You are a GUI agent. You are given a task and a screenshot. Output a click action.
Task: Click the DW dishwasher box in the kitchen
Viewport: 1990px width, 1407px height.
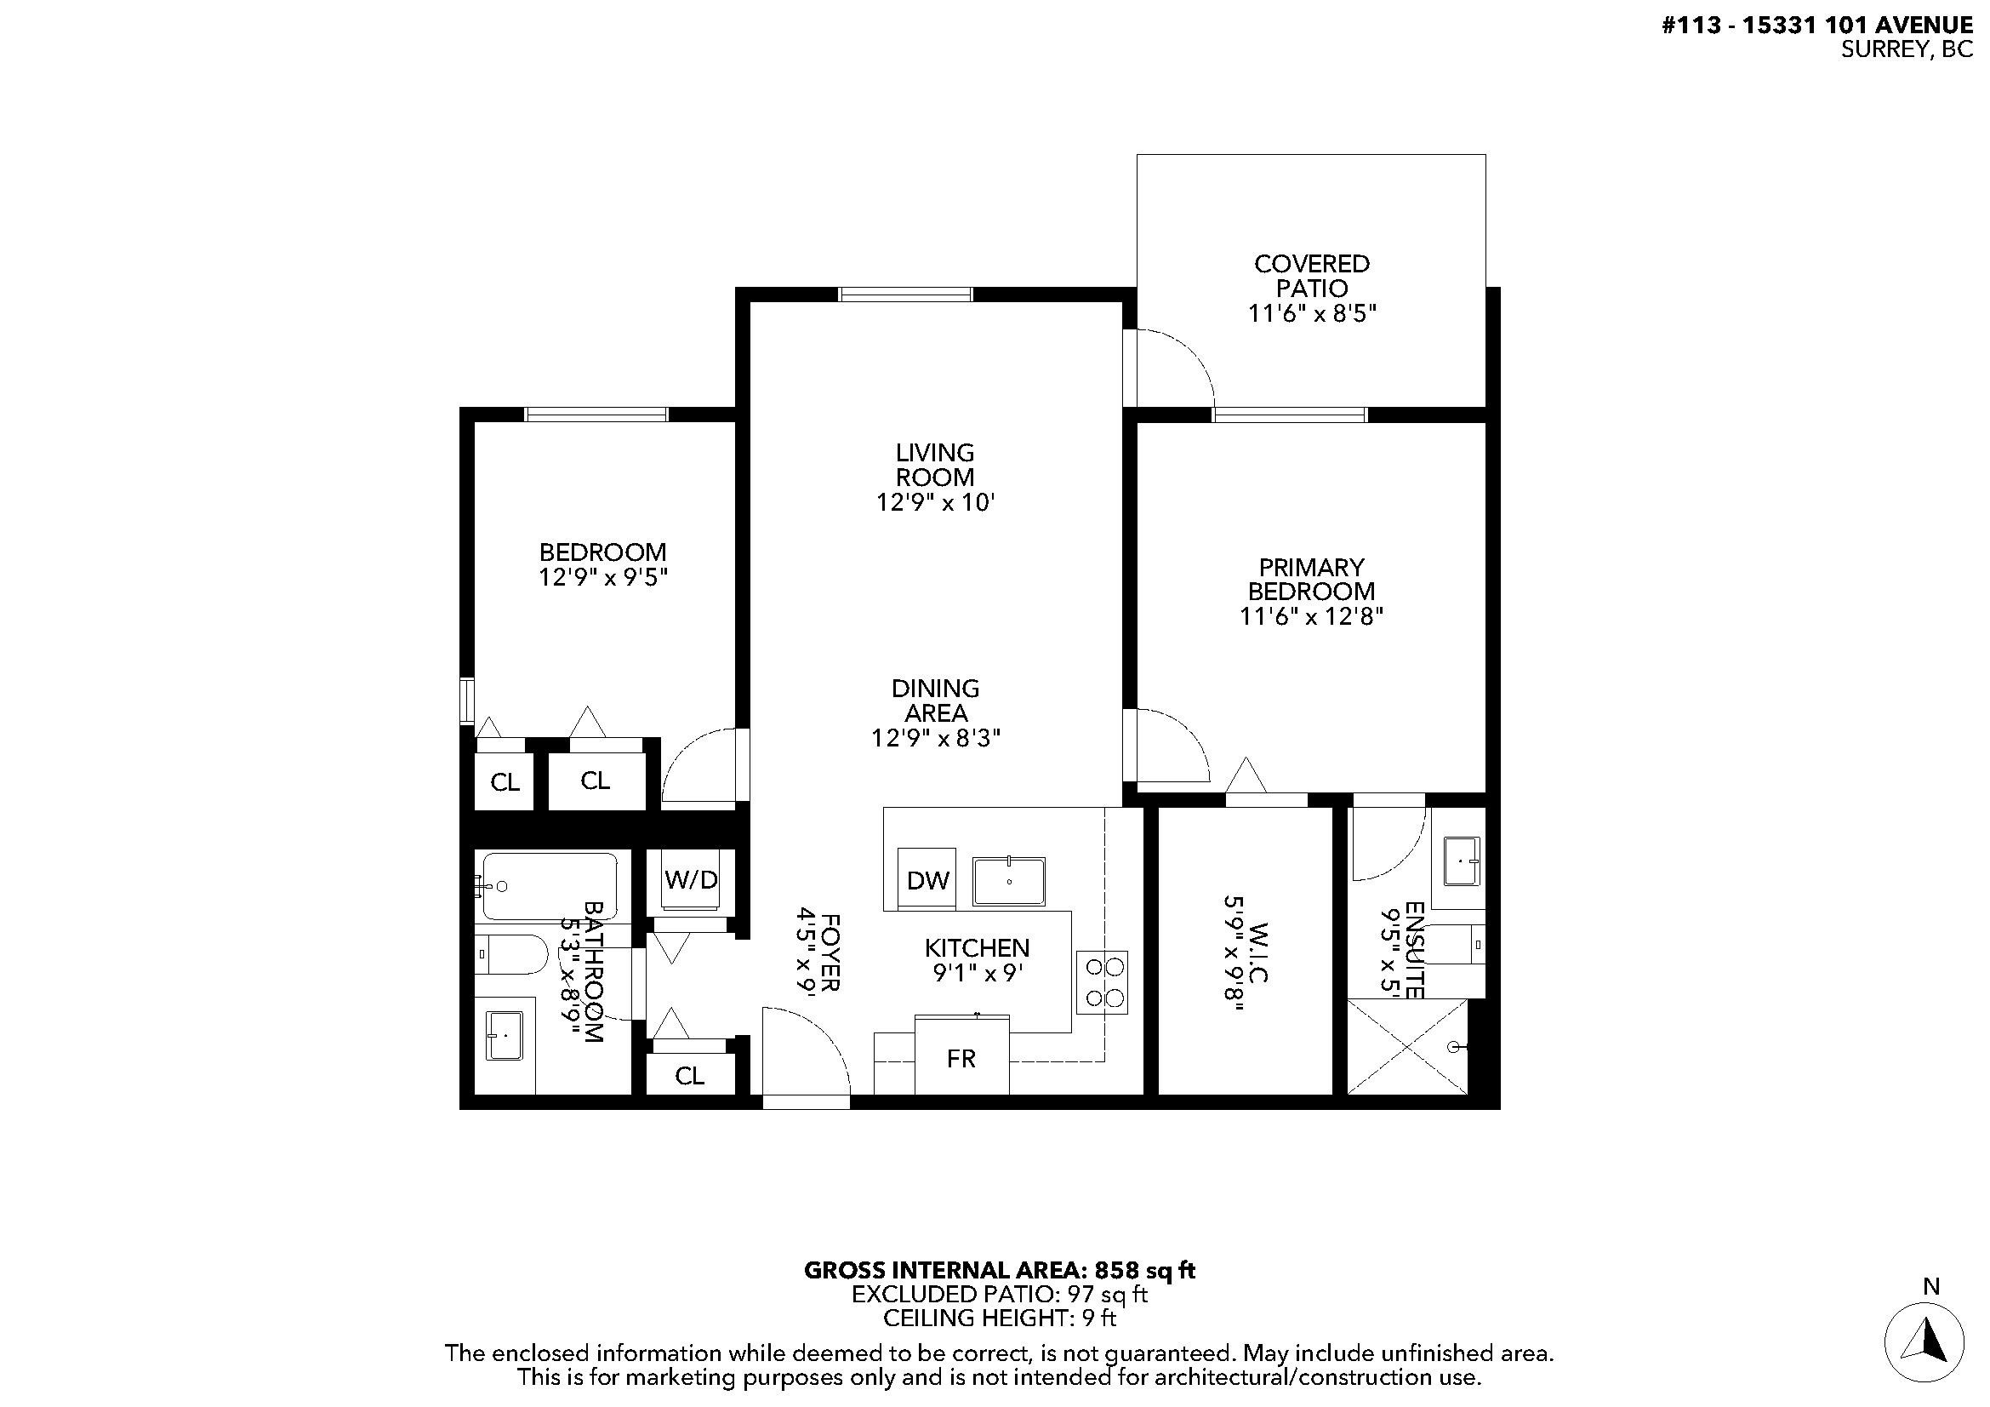927,880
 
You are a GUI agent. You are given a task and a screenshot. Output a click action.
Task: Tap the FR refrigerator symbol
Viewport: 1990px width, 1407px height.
961,1058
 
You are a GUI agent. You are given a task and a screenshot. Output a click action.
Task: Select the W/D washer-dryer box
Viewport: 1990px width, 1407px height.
691,880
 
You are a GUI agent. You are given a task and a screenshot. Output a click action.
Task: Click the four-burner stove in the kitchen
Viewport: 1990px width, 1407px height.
1103,982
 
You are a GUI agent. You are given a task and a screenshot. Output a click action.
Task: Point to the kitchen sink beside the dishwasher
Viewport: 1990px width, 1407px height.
1009,881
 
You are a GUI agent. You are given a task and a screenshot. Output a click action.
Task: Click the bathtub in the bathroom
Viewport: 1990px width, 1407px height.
550,886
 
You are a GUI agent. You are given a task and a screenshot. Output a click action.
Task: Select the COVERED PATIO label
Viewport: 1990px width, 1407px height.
1311,276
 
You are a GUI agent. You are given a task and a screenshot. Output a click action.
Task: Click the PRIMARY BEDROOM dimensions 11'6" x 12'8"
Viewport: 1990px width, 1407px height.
1310,616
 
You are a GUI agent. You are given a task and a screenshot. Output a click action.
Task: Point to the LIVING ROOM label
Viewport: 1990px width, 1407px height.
934,465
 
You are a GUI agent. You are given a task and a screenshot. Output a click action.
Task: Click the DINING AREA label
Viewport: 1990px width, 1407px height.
935,701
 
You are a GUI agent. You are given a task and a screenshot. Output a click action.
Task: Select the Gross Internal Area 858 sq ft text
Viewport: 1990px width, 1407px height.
1000,1271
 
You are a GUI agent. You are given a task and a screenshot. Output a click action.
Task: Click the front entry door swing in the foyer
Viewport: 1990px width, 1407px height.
804,1053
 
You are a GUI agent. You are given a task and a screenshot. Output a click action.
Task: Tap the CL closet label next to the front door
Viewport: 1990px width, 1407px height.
690,1076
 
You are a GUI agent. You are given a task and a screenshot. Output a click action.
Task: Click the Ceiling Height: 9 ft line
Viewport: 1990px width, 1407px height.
1000,1318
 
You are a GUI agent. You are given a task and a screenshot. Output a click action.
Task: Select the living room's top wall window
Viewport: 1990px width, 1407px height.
906,295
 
